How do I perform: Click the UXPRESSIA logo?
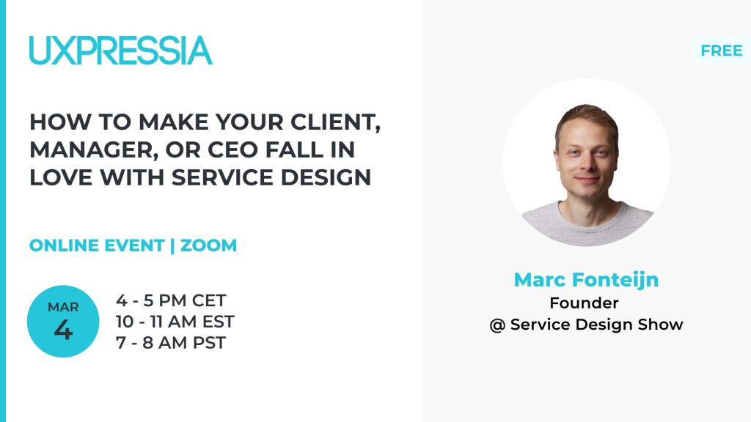tap(121, 51)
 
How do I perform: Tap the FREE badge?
tap(722, 51)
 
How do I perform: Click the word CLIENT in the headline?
tap(336, 122)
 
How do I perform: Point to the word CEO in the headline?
tap(233, 149)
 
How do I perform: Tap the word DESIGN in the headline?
tap(326, 177)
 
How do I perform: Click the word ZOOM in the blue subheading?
tap(208, 245)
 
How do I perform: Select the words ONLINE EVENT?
tap(97, 245)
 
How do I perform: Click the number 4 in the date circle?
tap(63, 330)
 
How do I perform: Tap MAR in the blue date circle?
tap(63, 307)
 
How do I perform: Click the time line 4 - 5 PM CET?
tap(170, 300)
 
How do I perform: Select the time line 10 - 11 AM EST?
tap(175, 322)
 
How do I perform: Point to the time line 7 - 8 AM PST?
tap(170, 343)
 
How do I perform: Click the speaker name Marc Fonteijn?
tap(586, 279)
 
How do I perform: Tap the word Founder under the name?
tap(584, 303)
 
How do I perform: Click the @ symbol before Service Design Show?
tap(498, 325)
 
